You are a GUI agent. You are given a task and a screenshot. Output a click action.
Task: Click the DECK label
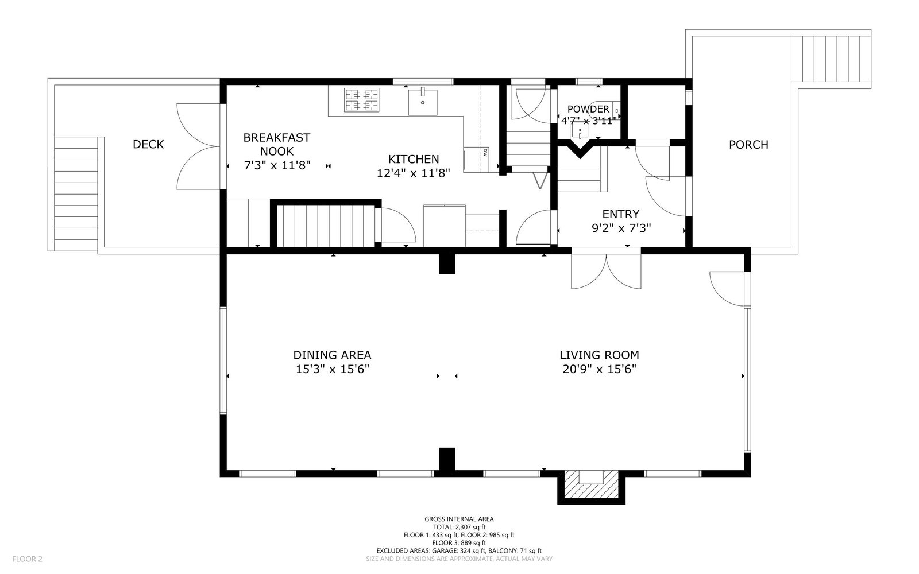pyautogui.click(x=148, y=144)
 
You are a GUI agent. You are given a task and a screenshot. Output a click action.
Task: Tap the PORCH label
pyautogui.click(x=748, y=144)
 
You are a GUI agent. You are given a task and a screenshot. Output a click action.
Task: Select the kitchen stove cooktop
pyautogui.click(x=361, y=100)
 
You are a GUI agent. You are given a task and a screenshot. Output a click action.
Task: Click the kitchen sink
pyautogui.click(x=423, y=102)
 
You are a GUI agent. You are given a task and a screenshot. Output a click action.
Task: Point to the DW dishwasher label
pyautogui.click(x=485, y=153)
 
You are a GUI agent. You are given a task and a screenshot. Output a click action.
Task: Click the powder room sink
pyautogui.click(x=580, y=131)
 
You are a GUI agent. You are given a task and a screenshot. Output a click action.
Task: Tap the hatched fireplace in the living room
pyautogui.click(x=591, y=484)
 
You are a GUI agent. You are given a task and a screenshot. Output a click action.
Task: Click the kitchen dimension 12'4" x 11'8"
pyautogui.click(x=413, y=173)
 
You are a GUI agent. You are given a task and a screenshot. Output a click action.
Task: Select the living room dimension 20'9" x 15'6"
pyautogui.click(x=599, y=369)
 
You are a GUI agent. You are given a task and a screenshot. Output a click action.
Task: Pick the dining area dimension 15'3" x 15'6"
pyautogui.click(x=333, y=369)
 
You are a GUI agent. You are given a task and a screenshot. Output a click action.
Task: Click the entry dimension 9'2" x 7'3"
pyautogui.click(x=621, y=228)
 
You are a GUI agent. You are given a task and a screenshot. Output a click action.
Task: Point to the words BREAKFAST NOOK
pyautogui.click(x=276, y=144)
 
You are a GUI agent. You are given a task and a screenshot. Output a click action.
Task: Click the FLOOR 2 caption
pyautogui.click(x=27, y=559)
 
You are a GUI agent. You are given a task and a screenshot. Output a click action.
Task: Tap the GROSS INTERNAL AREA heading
pyautogui.click(x=459, y=519)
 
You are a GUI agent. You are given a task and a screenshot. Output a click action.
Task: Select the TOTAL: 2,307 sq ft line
pyautogui.click(x=459, y=528)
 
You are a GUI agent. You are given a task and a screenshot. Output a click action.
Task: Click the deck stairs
pyautogui.click(x=76, y=193)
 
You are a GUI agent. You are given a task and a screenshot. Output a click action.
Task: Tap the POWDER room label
pyautogui.click(x=588, y=109)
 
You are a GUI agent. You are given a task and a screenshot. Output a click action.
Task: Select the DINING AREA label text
pyautogui.click(x=333, y=355)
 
